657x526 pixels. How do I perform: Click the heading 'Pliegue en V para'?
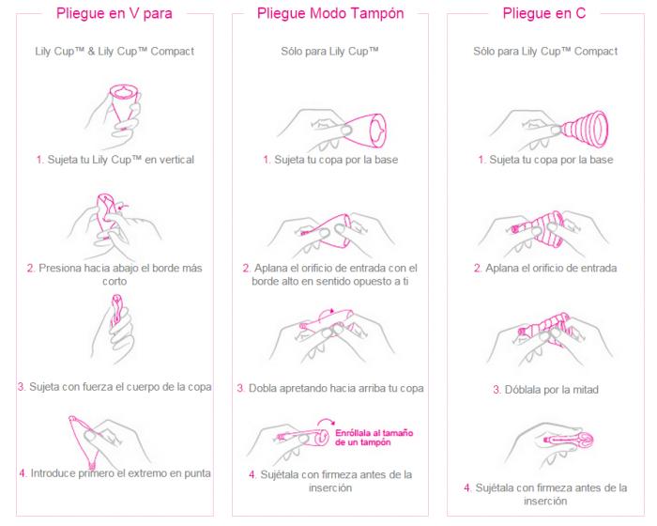pyautogui.click(x=115, y=13)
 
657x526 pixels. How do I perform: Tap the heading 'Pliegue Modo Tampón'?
pyautogui.click(x=330, y=13)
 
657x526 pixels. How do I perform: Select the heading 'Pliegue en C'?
pyautogui.click(x=544, y=13)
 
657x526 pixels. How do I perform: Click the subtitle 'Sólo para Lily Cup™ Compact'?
pyautogui.click(x=545, y=51)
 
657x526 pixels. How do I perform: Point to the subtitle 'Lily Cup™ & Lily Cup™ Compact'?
pyautogui.click(x=115, y=51)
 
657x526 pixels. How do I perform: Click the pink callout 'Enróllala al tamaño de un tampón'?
pyautogui.click(x=374, y=438)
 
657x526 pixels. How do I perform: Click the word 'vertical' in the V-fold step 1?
pyautogui.click(x=176, y=160)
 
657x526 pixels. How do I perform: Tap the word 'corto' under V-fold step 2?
pyautogui.click(x=115, y=281)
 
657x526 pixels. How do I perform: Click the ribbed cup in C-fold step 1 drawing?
pyautogui.click(x=585, y=130)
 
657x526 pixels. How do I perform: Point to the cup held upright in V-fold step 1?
pyautogui.click(x=124, y=105)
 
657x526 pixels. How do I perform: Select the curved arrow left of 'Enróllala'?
pyautogui.click(x=326, y=422)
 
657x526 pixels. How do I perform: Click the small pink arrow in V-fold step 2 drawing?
pyautogui.click(x=124, y=206)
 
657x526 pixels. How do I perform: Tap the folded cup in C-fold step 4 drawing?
pyautogui.click(x=569, y=440)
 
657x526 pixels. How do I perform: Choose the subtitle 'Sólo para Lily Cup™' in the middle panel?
pyautogui.click(x=329, y=51)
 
